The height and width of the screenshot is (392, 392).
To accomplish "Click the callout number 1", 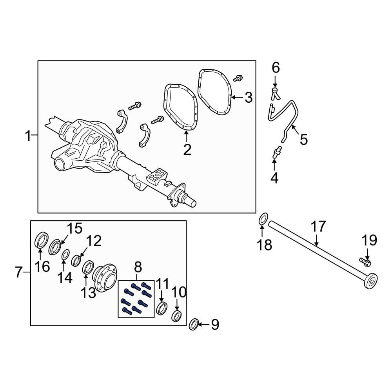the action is [x=29, y=136].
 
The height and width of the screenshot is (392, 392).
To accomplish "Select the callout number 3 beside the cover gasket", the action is [x=249, y=97].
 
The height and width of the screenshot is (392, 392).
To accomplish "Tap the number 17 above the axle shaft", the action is [x=318, y=226].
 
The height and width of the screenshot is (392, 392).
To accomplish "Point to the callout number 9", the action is [x=215, y=325].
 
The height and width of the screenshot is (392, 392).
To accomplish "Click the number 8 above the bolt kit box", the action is [x=138, y=267].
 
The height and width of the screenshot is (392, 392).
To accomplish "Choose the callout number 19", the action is [x=369, y=240].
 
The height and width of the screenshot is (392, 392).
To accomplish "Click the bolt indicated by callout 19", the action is [x=365, y=261].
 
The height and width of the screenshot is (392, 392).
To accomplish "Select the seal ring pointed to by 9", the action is [x=194, y=324].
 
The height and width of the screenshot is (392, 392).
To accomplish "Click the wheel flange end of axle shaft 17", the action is [x=370, y=281].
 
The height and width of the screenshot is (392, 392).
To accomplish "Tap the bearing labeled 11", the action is [x=161, y=309].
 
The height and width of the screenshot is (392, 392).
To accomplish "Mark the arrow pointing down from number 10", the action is [x=177, y=303].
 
